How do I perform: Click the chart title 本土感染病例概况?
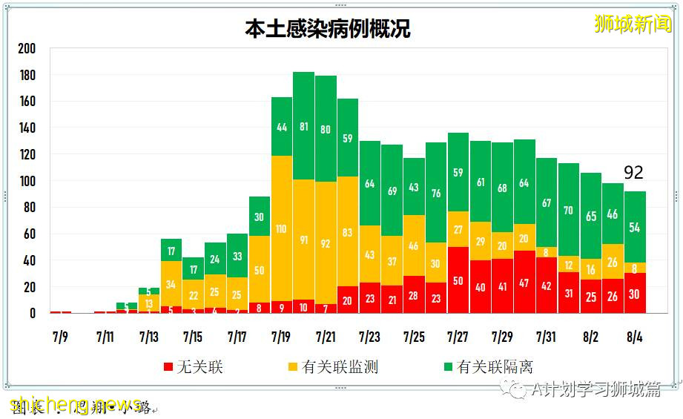point(327,28)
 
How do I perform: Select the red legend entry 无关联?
point(194,367)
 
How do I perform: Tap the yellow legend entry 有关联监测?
point(331,367)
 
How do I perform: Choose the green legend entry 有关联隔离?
point(486,367)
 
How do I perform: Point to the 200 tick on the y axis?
point(27,48)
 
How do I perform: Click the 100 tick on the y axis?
point(27,181)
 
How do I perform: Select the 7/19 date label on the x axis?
point(281,337)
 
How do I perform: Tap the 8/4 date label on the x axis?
point(635,337)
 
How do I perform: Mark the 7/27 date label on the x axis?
point(458,337)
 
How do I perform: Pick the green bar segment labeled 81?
point(303,126)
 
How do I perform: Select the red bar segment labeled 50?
point(458,280)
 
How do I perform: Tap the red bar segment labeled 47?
point(524,282)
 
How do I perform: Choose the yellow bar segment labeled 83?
point(348,231)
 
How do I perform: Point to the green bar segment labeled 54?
point(635,227)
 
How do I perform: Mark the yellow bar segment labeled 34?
point(171,284)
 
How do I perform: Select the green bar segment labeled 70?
point(569,210)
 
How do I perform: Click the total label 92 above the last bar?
point(633,173)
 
